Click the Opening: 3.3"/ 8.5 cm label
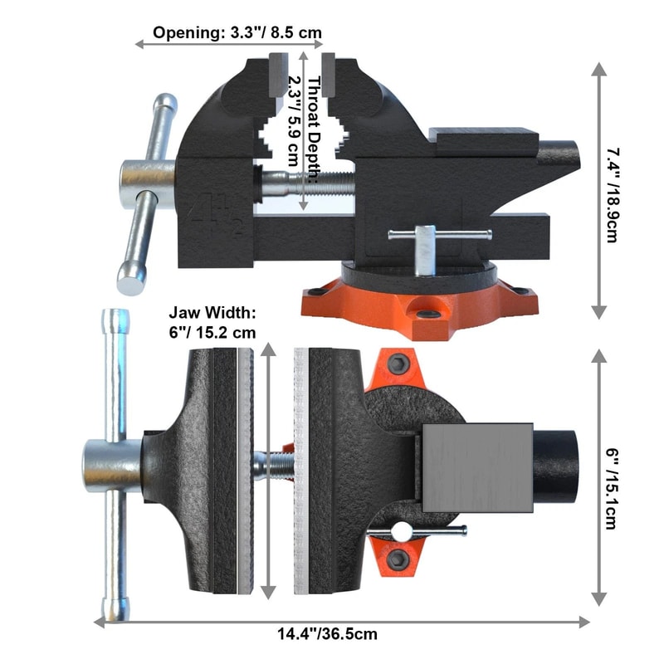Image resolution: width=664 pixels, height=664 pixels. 237,33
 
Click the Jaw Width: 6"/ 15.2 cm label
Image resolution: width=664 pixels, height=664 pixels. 212,322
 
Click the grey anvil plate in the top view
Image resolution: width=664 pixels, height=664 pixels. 476,467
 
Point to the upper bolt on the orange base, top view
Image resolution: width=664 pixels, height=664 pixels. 399,363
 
